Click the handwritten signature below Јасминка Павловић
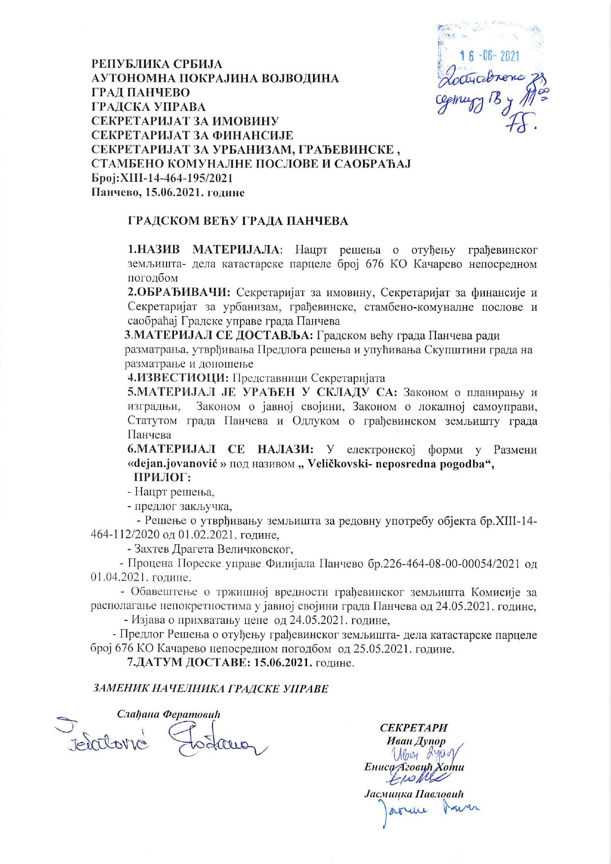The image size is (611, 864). coord(426,811)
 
